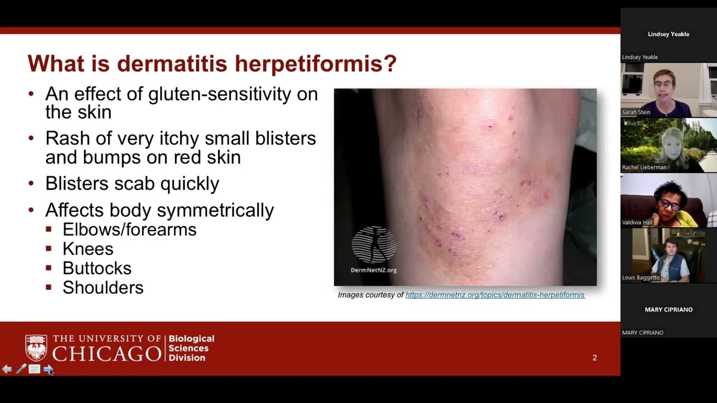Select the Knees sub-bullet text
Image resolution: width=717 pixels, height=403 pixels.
point(88,249)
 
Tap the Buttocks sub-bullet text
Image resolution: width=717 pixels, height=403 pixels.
point(97,268)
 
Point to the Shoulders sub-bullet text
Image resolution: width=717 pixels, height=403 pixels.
point(103,288)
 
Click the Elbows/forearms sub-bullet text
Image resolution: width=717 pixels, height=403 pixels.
point(129,229)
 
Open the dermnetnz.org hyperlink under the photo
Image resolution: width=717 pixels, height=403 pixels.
point(495,295)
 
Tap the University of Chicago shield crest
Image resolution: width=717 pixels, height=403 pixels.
point(36,348)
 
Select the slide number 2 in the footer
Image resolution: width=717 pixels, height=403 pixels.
point(594,358)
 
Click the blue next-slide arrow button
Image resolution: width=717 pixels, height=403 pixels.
point(48,369)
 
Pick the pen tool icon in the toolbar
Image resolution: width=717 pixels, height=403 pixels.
point(21,369)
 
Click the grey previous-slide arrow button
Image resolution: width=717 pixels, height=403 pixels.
point(7,369)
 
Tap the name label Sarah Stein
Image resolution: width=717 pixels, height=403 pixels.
point(637,113)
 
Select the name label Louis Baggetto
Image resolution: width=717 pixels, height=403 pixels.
point(641,278)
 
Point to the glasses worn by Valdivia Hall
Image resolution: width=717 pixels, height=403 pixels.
point(669,204)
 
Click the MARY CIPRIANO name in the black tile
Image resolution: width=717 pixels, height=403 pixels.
point(668,310)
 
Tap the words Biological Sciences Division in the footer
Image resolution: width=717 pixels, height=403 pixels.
point(192,348)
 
